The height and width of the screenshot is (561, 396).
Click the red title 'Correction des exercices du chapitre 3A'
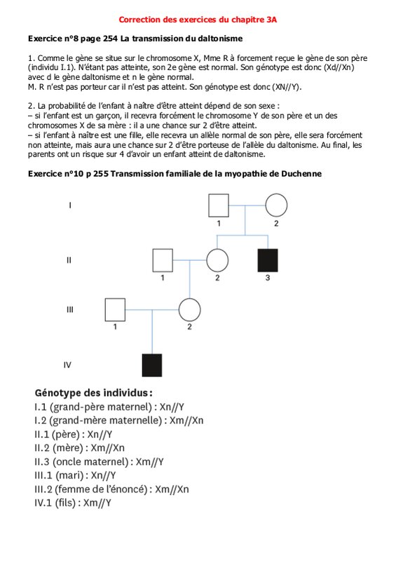(198, 20)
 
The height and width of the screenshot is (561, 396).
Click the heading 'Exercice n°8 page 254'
(73, 39)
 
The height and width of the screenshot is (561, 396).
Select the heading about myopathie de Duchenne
(175, 174)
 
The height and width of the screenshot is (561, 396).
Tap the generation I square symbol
(219, 205)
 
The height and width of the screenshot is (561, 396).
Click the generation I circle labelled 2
(276, 205)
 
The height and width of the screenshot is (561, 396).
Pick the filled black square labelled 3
(268, 260)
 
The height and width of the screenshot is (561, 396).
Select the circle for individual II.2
(217, 260)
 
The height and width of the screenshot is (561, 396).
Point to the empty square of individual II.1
(163, 260)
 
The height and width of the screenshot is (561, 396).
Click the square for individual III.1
(115, 309)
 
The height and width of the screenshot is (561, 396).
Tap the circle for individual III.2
(189, 309)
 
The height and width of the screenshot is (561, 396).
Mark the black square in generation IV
(152, 365)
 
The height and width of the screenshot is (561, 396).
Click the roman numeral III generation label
(70, 309)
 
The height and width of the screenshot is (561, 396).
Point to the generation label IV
(67, 365)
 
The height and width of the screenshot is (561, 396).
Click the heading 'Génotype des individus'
(94, 393)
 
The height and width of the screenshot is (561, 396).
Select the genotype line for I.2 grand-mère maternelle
(118, 420)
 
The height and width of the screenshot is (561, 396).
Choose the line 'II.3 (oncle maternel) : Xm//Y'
(99, 462)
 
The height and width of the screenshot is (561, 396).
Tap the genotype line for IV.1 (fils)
(73, 503)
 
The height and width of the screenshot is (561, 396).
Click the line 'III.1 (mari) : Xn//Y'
(75, 475)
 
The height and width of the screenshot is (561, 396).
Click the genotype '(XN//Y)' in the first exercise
(287, 87)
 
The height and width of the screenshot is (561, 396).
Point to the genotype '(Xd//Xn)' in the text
(339, 67)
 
